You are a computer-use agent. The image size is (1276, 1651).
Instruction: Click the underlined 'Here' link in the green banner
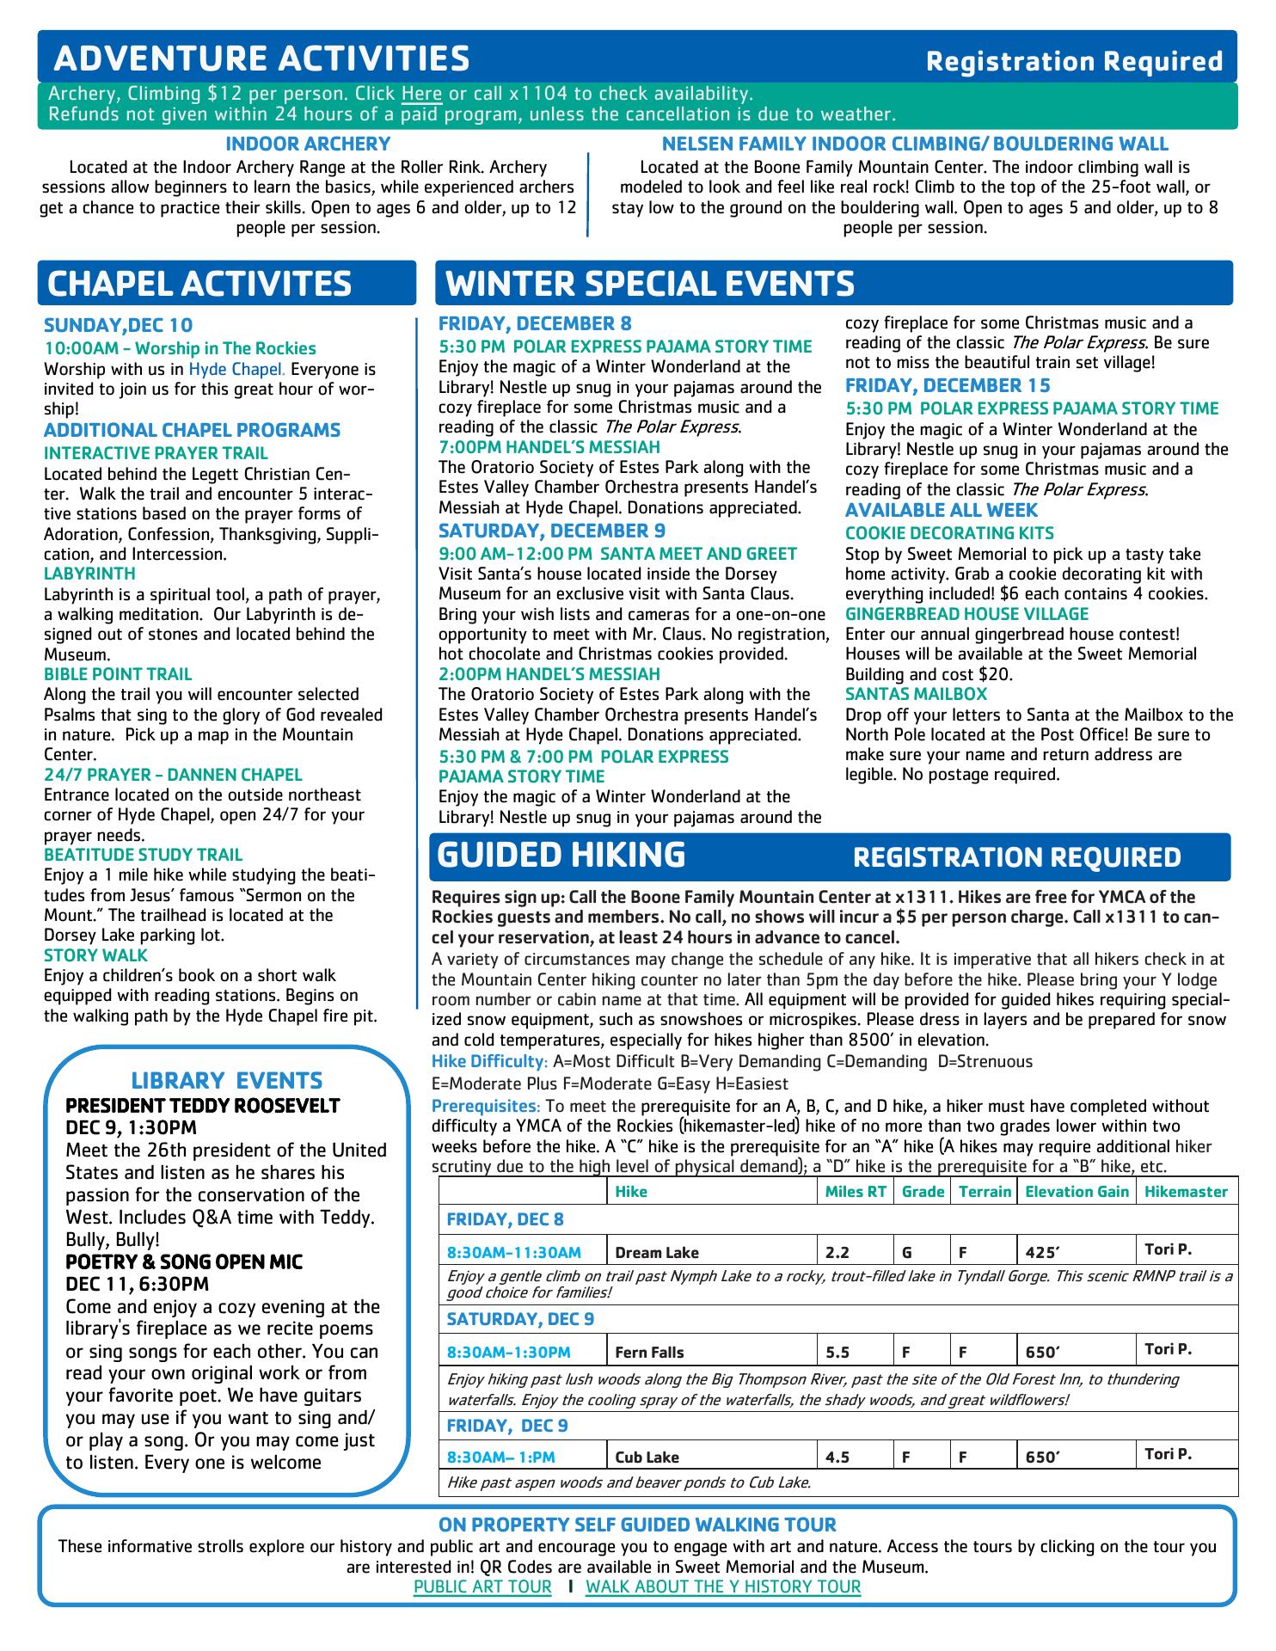click(x=421, y=94)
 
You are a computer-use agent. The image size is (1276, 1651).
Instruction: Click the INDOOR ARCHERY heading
click(x=308, y=144)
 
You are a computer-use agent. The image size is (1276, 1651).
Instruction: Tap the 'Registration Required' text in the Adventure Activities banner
click(x=1074, y=61)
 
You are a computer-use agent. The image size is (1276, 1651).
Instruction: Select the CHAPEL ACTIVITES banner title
click(x=199, y=284)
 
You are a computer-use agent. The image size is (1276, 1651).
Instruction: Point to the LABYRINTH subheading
click(x=89, y=574)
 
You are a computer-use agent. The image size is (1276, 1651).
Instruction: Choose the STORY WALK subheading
click(x=95, y=955)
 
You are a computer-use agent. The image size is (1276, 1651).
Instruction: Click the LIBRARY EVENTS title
click(x=226, y=1080)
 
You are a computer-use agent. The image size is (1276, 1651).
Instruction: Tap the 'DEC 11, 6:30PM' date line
click(x=138, y=1284)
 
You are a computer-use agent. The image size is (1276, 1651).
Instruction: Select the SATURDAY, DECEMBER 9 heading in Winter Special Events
click(x=551, y=531)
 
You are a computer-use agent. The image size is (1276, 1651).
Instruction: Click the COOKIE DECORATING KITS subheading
click(x=949, y=533)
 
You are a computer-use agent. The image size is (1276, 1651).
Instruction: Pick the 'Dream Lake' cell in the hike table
click(x=657, y=1253)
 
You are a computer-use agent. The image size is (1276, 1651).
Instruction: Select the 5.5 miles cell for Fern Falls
click(x=837, y=1353)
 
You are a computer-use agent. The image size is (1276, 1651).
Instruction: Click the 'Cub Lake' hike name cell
click(x=647, y=1458)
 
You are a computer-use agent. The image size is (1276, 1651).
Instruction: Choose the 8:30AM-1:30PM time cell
click(x=508, y=1353)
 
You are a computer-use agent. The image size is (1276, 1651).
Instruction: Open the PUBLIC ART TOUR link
click(x=482, y=1587)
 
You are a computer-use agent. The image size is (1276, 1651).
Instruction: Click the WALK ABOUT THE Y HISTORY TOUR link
click(x=722, y=1587)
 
